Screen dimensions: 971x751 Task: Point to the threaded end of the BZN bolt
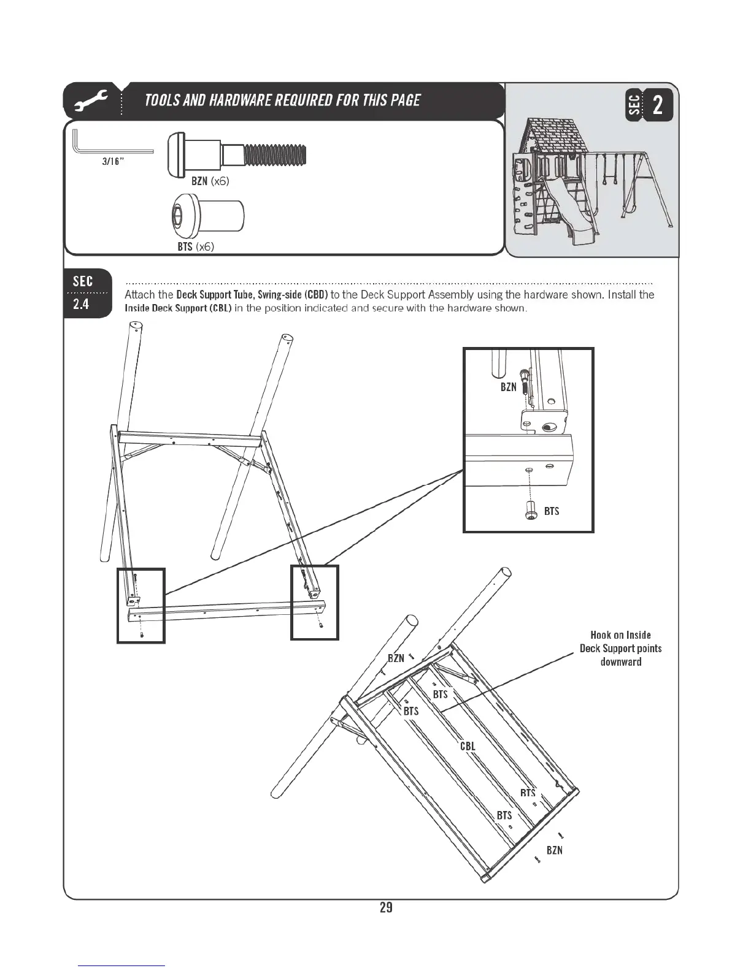coord(275,154)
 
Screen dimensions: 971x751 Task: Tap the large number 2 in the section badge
coord(657,105)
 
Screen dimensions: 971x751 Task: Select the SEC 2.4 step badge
coord(83,292)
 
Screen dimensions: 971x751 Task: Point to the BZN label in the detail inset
coord(508,387)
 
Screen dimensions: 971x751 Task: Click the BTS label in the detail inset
coord(551,511)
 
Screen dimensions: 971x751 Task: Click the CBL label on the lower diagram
coord(468,746)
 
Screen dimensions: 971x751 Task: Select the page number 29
coord(385,908)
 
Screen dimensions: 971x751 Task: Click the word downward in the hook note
coord(620,662)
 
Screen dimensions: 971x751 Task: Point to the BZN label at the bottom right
coord(554,850)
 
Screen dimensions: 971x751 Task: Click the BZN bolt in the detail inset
coord(523,381)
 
